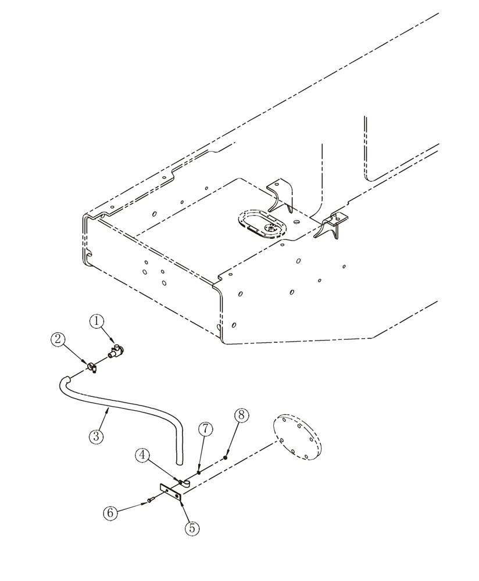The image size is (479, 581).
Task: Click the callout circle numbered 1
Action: [x=96, y=321]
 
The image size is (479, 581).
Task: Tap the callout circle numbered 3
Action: [x=96, y=435]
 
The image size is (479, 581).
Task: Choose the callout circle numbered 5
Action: [x=192, y=528]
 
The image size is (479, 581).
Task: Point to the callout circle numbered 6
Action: [x=110, y=512]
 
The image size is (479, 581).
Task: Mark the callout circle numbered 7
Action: [x=205, y=429]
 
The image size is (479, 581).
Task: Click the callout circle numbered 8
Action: [x=242, y=415]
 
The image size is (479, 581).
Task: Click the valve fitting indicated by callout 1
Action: [x=118, y=351]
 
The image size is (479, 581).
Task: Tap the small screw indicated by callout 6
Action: [x=150, y=499]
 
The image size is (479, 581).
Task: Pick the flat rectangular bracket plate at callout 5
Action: [x=171, y=493]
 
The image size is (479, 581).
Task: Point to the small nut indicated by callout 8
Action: [x=226, y=458]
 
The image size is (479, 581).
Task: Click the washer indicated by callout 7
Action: [x=199, y=472]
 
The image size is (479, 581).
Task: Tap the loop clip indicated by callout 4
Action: [x=184, y=482]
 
